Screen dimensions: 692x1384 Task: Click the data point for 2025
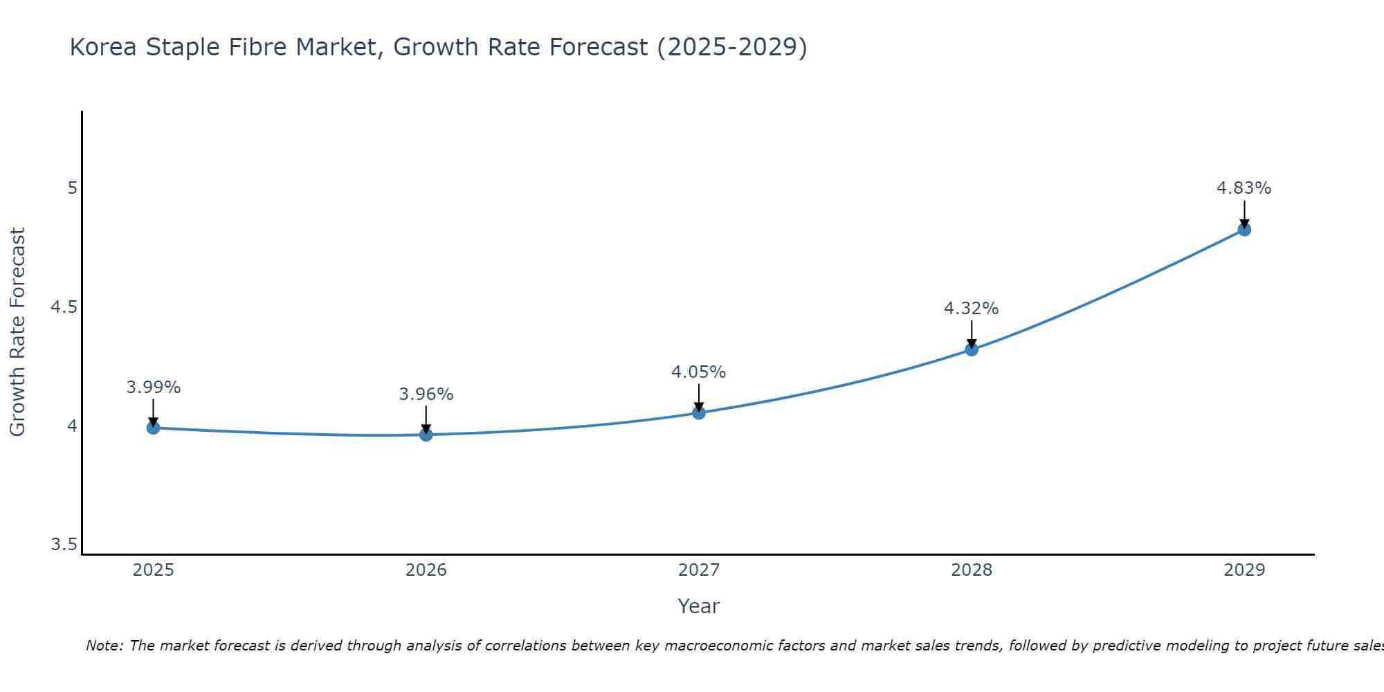pos(153,428)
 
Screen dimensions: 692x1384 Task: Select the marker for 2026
pos(426,435)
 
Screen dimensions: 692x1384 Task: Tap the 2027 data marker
pos(698,413)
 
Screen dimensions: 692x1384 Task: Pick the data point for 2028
pos(971,349)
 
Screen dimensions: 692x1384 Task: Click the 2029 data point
pos(1244,229)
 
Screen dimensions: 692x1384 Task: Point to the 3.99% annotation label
pos(153,388)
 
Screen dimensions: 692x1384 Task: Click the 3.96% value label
pos(426,394)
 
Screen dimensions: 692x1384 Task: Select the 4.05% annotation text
pos(698,372)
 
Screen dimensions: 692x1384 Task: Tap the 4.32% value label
pos(971,309)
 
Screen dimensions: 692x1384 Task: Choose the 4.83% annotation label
pos(1244,188)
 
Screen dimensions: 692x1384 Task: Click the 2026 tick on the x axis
pos(426,570)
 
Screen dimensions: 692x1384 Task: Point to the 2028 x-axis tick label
pos(971,570)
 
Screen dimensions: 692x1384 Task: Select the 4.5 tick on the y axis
pos(64,307)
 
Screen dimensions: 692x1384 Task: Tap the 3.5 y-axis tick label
pos(64,545)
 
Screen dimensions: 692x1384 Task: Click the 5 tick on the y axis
pos(72,188)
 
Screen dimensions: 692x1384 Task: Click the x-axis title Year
pos(698,606)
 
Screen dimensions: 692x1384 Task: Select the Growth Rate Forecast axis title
pos(17,332)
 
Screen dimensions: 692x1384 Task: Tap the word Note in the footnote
pos(103,646)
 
